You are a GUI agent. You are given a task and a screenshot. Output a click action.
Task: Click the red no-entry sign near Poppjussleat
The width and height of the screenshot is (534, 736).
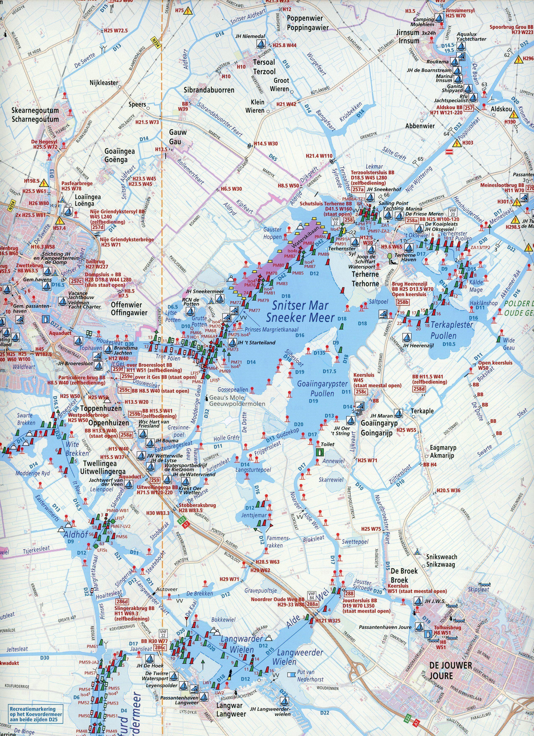[449, 152]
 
